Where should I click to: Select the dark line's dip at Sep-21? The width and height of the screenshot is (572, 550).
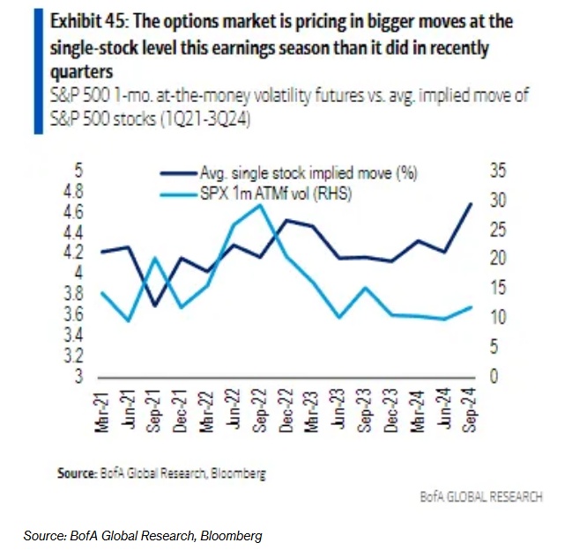(x=156, y=305)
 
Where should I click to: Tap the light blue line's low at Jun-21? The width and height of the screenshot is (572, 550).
(x=130, y=320)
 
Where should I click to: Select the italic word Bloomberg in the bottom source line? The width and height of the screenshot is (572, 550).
(x=235, y=535)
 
